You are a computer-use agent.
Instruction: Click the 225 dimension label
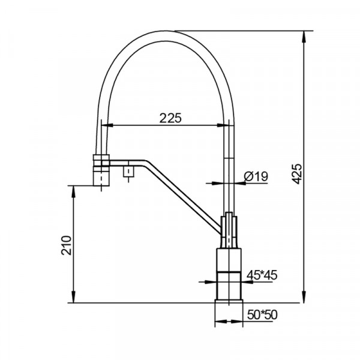click(x=170, y=118)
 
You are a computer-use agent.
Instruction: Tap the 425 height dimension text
click(x=298, y=174)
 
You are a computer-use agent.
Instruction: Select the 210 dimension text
click(x=67, y=245)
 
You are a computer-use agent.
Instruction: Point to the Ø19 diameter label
click(x=256, y=176)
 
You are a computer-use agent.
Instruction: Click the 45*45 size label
click(x=262, y=275)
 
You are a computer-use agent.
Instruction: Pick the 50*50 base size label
click(x=262, y=315)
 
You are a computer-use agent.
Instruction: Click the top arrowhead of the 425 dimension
click(x=304, y=36)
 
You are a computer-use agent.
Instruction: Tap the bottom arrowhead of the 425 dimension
click(x=304, y=297)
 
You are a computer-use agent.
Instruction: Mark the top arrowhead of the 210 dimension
click(x=73, y=192)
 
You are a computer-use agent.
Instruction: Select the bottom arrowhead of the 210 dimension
click(x=73, y=297)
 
